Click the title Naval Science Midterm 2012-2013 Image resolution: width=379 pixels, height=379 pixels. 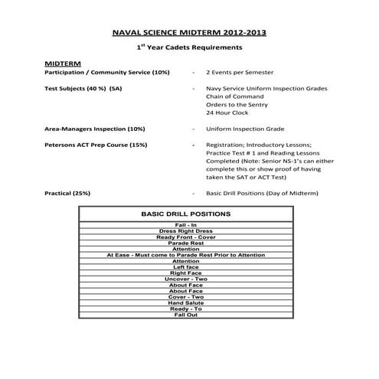pyautogui.click(x=189, y=34)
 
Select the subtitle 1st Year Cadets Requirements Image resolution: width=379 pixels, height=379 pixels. pyautogui.click(x=188, y=47)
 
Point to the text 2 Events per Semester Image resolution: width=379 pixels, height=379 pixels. pyautogui.click(x=241, y=71)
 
